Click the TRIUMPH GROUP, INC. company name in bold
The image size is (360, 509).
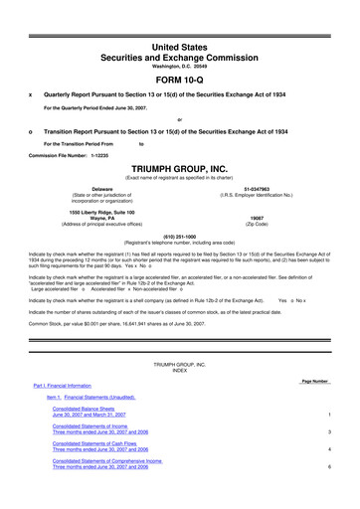coord(180,170)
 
